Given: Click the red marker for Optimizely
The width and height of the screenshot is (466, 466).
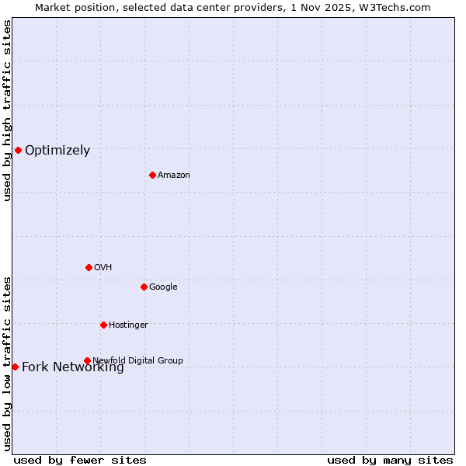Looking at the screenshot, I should pyautogui.click(x=18, y=150).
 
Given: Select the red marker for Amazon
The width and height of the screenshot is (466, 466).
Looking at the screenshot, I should pyautogui.click(x=152, y=175).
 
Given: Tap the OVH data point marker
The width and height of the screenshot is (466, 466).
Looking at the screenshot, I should pyautogui.click(x=89, y=267).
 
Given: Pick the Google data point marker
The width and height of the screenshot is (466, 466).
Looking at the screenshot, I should pyautogui.click(x=144, y=287).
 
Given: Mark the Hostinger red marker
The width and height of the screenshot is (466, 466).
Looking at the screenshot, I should pyautogui.click(x=103, y=325).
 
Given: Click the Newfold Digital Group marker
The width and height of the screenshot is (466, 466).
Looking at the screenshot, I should pyautogui.click(x=87, y=360).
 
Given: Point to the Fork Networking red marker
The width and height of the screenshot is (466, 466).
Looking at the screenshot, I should pyautogui.click(x=15, y=367).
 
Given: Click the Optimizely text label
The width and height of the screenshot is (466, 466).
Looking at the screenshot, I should pyautogui.click(x=57, y=151).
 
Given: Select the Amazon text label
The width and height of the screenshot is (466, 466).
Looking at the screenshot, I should pyautogui.click(x=174, y=176).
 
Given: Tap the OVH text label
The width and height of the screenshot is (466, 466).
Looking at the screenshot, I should pyautogui.click(x=103, y=268).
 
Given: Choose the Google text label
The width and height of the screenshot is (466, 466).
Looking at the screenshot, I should pyautogui.click(x=163, y=287).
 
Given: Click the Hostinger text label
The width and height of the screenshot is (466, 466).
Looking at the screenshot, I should pyautogui.click(x=128, y=325).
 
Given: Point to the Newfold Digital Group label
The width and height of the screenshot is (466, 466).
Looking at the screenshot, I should pyautogui.click(x=137, y=360).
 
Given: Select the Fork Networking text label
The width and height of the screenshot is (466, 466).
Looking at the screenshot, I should pyautogui.click(x=73, y=367).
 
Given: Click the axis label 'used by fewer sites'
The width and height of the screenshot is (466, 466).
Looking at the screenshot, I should pyautogui.click(x=80, y=461).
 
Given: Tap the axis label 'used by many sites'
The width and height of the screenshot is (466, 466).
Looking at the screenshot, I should pyautogui.click(x=390, y=461).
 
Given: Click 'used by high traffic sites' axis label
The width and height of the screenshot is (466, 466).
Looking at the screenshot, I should pyautogui.click(x=8, y=110).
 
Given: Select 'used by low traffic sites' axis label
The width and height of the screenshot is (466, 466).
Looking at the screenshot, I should pyautogui.click(x=8, y=363).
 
